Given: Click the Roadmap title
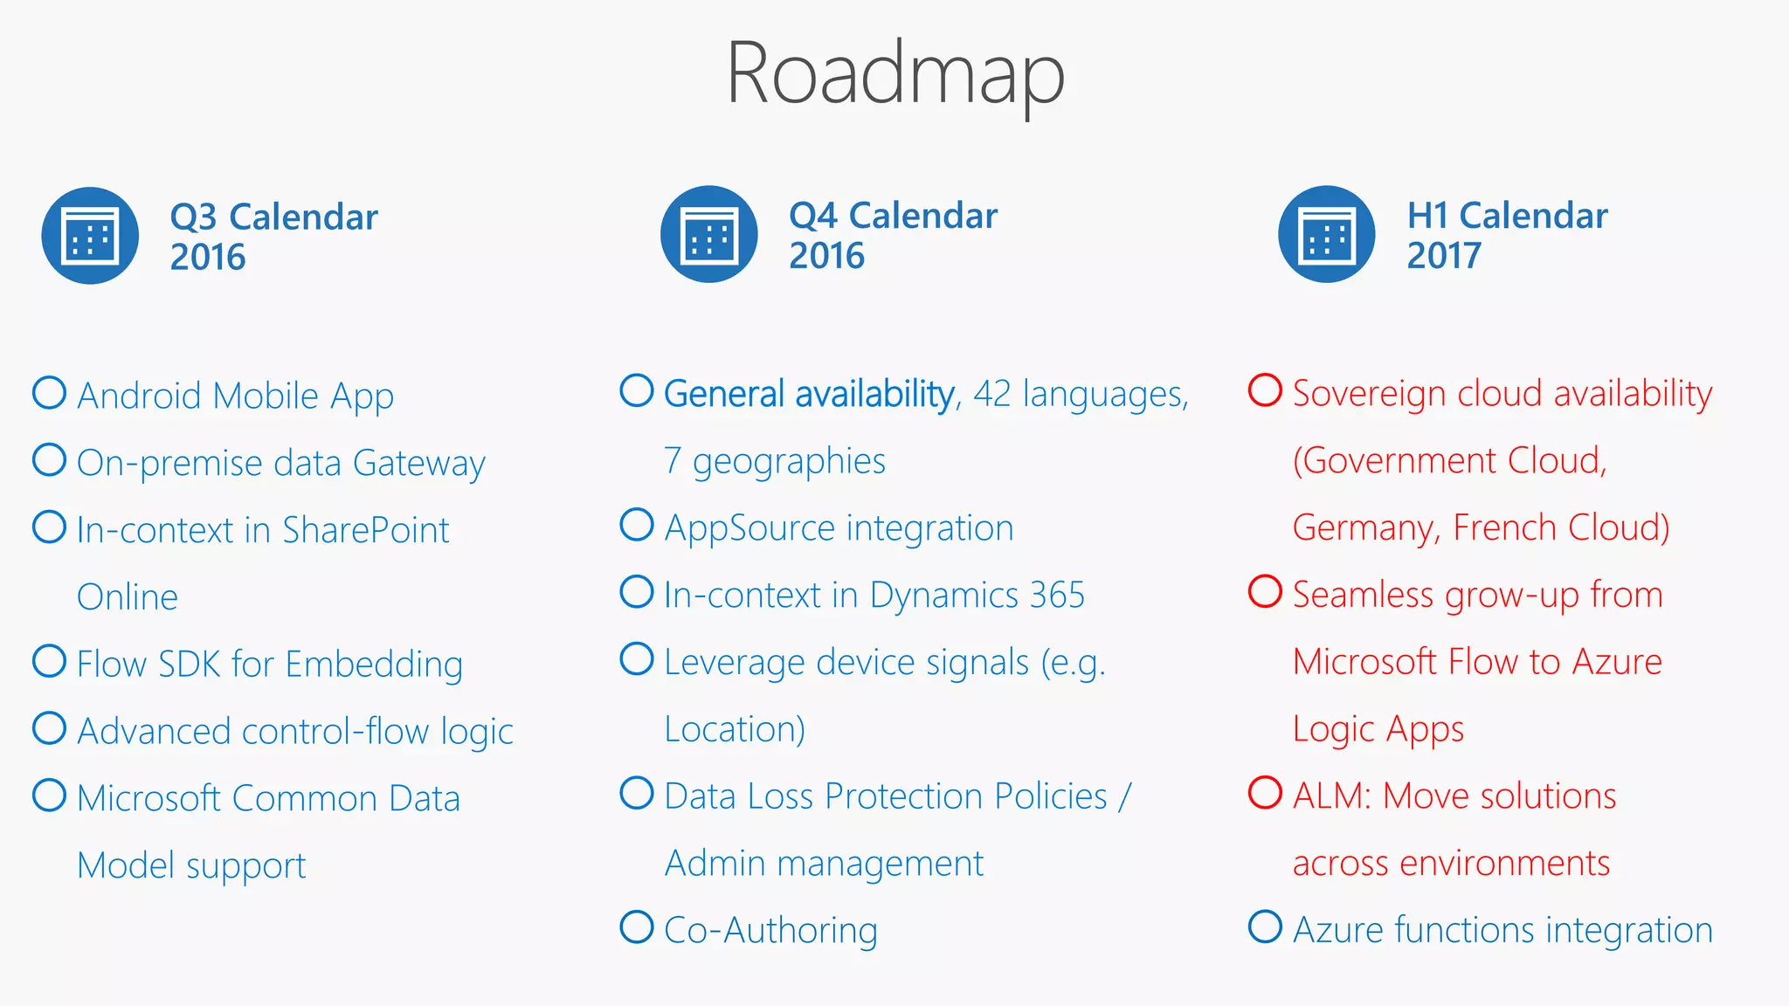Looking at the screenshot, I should point(895,74).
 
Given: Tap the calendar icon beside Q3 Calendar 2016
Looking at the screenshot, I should point(90,236).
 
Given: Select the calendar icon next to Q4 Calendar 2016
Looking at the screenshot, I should point(709,234).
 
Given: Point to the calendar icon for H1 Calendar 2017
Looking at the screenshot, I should point(1327,234).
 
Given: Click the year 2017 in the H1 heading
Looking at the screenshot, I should point(1444,256).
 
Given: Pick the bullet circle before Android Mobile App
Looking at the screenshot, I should point(49,393).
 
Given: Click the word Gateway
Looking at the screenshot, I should point(418,464).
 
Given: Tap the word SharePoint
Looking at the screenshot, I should point(365,530).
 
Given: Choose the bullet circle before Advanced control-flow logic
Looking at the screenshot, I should point(49,728).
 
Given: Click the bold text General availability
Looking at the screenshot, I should point(809,395).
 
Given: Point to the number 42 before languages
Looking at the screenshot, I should point(992,394).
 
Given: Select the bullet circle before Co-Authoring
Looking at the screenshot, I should point(637,927).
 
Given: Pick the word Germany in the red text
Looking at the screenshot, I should point(1363,528).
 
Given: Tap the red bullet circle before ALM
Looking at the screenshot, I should point(1265,793).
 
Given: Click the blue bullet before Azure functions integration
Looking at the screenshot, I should point(1265,927).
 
